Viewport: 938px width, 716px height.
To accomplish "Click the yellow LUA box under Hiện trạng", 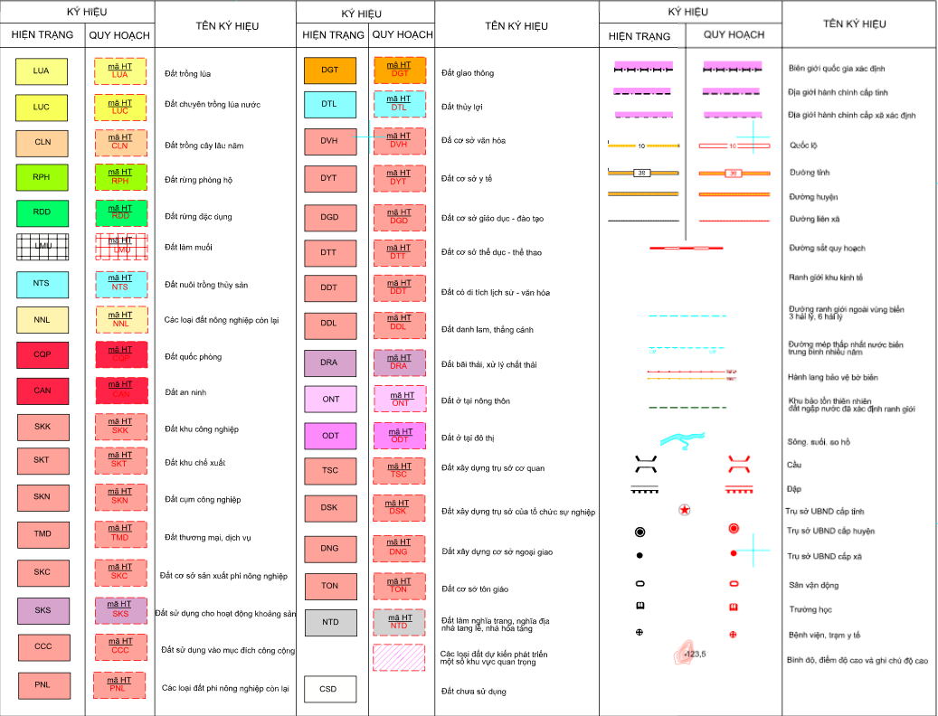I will pos(42,71).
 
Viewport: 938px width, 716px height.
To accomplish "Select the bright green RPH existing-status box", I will pos(42,177).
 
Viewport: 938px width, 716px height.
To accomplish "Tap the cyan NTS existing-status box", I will pos(42,283).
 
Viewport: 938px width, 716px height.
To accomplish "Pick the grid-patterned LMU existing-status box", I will pos(42,246).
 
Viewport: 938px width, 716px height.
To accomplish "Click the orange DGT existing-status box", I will pos(329,70).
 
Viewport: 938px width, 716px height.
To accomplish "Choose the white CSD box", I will pos(329,689).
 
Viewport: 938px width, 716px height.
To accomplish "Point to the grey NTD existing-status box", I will pos(329,622).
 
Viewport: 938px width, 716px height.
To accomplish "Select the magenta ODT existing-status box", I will pos(329,435).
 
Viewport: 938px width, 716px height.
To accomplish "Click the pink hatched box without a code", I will pos(399,656).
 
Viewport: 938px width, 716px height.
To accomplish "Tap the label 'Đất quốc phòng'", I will pos(192,357).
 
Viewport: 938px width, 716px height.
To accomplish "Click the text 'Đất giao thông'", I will pos(468,72).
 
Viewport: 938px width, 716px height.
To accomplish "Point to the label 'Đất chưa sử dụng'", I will pos(474,692).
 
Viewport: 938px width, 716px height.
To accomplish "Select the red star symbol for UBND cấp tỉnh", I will pos(685,510).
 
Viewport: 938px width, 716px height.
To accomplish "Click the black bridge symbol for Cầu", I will pos(645,465).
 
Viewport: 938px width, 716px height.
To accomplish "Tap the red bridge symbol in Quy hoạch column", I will pos(739,465).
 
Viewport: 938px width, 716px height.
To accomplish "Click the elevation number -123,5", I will pos(695,654).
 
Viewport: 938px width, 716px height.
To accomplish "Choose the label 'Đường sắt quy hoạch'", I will pos(827,249).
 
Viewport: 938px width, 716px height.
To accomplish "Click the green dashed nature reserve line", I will pos(687,407).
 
